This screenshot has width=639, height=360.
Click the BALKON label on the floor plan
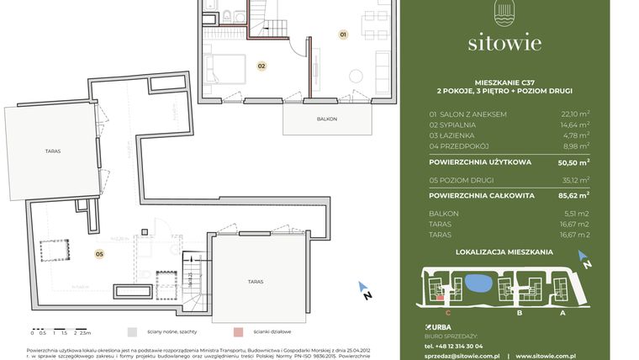(x=326, y=119)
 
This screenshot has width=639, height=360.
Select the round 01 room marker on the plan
(x=342, y=35)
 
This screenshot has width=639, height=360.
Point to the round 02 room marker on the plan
(x=261, y=65)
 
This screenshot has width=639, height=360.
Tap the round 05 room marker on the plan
(x=98, y=252)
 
